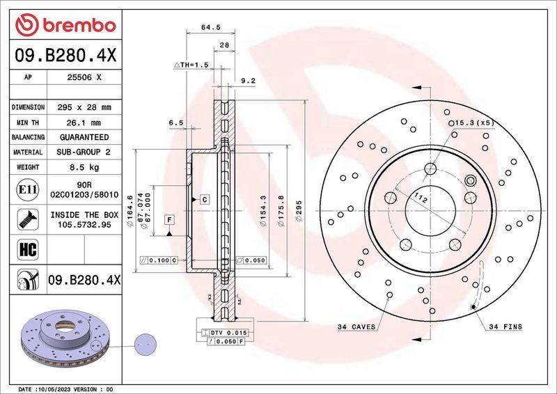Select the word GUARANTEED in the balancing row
click(83, 137)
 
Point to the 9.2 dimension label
click(248, 81)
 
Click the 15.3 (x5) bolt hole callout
click(473, 123)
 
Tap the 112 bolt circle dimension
click(419, 198)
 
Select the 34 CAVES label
click(356, 326)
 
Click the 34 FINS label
click(505, 326)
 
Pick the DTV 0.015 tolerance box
click(228, 333)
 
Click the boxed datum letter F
click(169, 220)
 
